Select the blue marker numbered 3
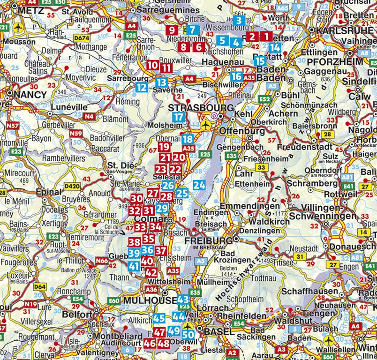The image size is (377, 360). coord(239,21)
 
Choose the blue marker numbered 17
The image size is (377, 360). coord(178,117)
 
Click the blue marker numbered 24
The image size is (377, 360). coord(199,185)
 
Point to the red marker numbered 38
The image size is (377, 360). coord(135,242)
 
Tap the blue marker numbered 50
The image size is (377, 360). coord(188,335)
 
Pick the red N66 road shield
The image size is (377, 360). coord(102,261)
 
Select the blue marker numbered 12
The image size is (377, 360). coord(141,87)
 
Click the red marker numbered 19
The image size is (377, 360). coord(164,148)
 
